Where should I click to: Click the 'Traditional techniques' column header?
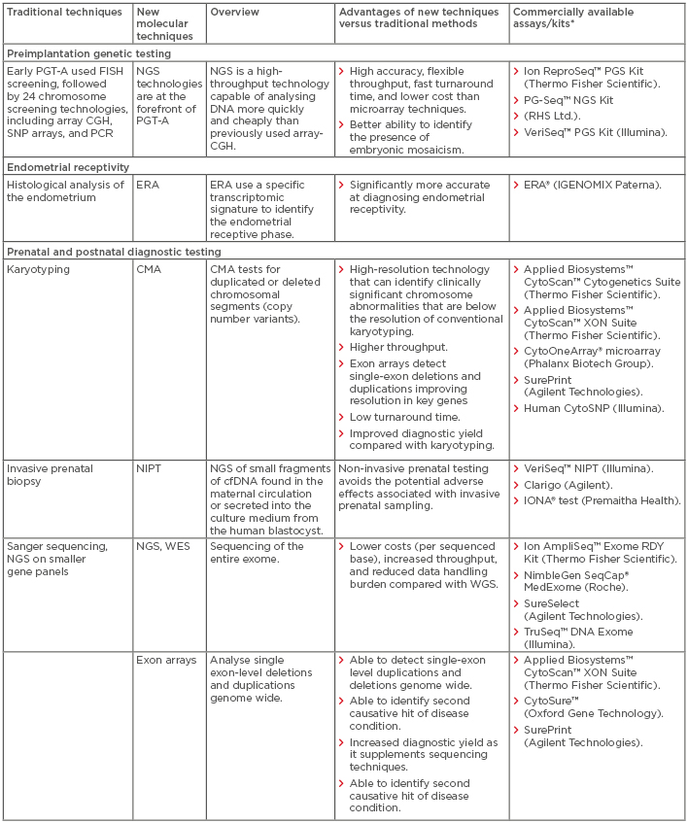(x=64, y=11)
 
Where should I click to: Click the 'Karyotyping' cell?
(x=37, y=266)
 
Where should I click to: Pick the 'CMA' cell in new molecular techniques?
(x=151, y=266)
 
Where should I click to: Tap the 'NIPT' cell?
(x=152, y=468)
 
